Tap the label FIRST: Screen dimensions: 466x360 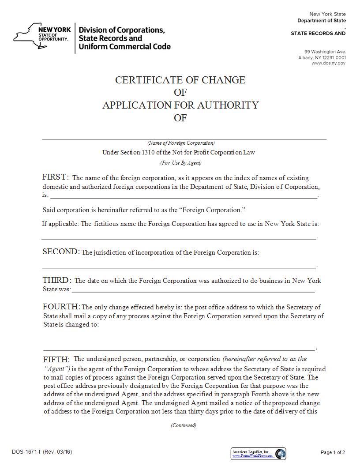point(56,177)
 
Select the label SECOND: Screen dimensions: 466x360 point(61,252)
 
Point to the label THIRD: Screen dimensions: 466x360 point(57,280)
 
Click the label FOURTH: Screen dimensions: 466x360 point(61,307)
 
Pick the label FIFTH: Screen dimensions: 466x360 point(56,359)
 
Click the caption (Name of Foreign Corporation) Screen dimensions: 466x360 point(181,143)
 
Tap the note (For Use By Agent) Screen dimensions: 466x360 point(180,162)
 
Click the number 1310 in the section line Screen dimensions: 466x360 point(149,153)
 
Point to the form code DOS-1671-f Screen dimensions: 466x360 point(26,452)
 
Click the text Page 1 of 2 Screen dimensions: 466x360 point(332,452)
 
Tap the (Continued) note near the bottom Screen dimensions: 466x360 point(184,425)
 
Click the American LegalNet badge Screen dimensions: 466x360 point(258,453)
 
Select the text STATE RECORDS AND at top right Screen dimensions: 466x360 point(318,34)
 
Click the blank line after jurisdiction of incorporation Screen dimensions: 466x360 point(179,266)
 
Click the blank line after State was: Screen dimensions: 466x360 point(193,291)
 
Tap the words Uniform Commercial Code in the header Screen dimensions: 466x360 point(124,46)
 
